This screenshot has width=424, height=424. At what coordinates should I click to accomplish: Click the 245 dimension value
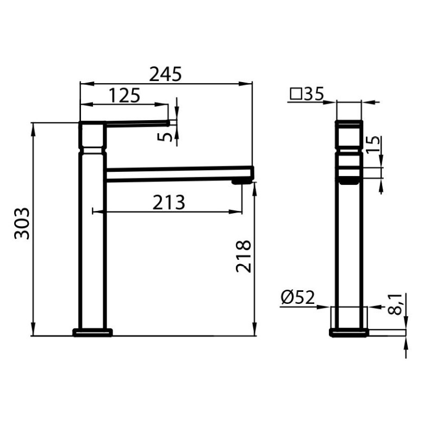tap(165, 74)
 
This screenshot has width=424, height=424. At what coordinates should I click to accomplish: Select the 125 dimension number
tap(124, 95)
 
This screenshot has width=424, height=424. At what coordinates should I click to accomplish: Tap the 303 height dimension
tap(22, 223)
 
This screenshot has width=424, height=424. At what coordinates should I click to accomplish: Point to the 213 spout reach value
tap(169, 202)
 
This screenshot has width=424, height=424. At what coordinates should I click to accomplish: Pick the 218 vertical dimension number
tap(244, 256)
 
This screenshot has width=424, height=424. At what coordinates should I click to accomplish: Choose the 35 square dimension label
tap(314, 94)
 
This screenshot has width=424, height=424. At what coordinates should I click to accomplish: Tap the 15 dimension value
tap(373, 145)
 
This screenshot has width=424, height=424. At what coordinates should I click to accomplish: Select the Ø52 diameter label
tap(298, 297)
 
